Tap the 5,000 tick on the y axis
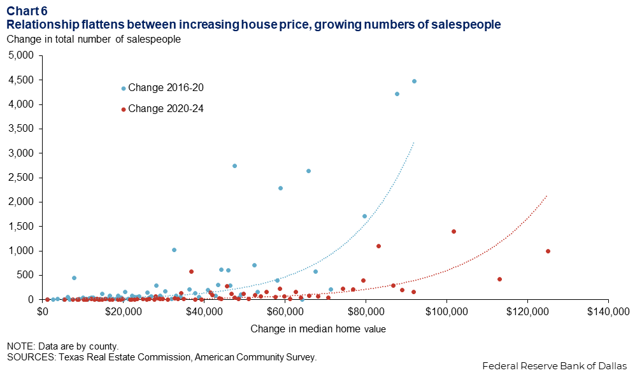coord(20,55)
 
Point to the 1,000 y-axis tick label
coord(20,251)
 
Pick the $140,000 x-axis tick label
coord(608,312)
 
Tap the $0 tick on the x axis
coord(43,312)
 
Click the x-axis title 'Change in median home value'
coord(318,329)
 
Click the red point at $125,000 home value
coord(548,251)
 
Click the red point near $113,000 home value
coord(499,279)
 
